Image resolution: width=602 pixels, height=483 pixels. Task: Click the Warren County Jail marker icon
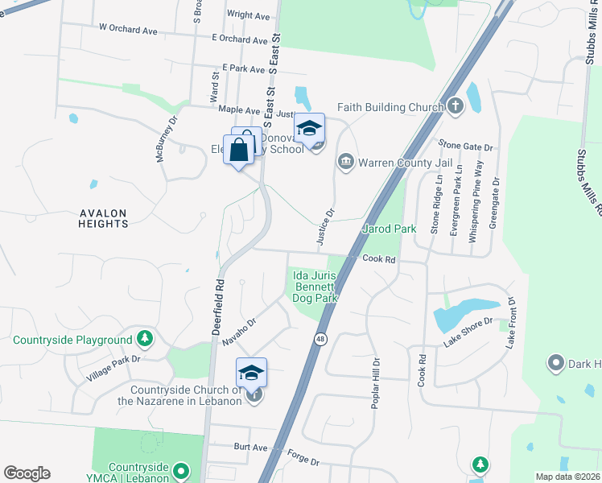click(347, 162)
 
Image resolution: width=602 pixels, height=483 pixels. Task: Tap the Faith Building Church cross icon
click(456, 106)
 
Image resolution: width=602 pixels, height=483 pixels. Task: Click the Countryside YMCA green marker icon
click(181, 469)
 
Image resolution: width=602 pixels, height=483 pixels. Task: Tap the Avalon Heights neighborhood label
click(103, 218)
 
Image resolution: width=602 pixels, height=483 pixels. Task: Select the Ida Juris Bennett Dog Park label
click(313, 287)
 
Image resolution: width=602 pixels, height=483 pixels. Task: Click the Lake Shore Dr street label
click(467, 336)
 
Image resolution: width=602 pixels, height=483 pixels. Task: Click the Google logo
click(27, 473)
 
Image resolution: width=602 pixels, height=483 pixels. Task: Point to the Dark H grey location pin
click(555, 364)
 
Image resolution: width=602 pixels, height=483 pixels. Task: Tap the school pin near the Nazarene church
click(251, 373)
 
